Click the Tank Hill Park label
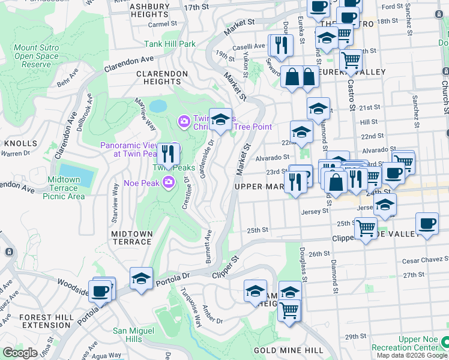click(170, 44)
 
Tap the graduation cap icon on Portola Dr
click(141, 279)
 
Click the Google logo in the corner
click(20, 353)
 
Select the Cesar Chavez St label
click(414, 260)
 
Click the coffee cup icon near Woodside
click(101, 291)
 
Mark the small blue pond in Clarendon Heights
click(158, 106)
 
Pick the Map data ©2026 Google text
click(412, 355)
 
